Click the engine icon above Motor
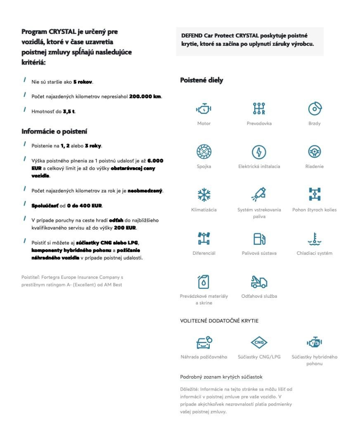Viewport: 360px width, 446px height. tap(204, 109)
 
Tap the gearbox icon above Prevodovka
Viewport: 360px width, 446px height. tap(259, 109)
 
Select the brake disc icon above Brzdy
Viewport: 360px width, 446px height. tap(315, 109)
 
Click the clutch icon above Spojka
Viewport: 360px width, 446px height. tap(204, 152)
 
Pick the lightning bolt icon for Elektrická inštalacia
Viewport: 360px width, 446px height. tap(259, 152)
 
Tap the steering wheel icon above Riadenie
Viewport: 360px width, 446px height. tap(315, 152)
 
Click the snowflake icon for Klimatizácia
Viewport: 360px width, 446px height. tap(204, 195)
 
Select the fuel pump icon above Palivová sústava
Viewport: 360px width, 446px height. tap(259, 239)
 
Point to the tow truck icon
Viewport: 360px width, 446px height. tap(259, 282)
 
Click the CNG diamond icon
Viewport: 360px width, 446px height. tap(259, 342)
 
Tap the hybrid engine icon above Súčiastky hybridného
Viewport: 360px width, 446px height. tap(315, 342)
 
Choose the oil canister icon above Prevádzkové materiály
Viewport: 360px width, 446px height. tap(204, 282)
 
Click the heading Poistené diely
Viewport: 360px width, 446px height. tap(201, 81)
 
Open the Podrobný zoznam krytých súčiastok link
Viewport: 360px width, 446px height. tap(221, 377)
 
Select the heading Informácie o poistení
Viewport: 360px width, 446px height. tap(54, 131)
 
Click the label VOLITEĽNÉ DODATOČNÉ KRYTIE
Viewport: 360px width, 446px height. tap(219, 320)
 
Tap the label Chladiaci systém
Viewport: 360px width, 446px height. tap(314, 253)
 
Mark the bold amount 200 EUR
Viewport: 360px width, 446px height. tap(125, 228)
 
